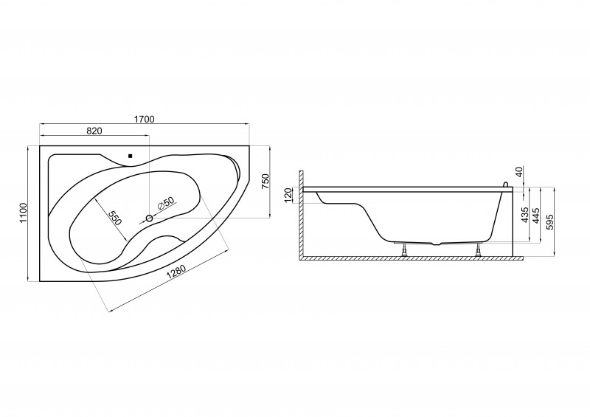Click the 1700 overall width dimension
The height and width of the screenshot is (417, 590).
click(x=145, y=119)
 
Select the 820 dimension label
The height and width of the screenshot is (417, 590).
click(x=94, y=131)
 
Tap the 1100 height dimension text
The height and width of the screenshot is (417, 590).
click(x=24, y=213)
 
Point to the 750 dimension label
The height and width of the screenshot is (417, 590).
click(x=265, y=182)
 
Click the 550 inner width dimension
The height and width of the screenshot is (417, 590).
click(x=115, y=218)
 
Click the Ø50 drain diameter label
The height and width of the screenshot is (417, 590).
click(x=165, y=204)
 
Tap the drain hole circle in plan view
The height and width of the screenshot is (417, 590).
click(x=150, y=218)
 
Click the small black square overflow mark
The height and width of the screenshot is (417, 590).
click(x=131, y=156)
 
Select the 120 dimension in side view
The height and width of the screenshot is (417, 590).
click(x=288, y=196)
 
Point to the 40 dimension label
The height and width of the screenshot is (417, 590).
click(x=519, y=173)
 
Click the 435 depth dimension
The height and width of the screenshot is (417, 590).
click(x=525, y=214)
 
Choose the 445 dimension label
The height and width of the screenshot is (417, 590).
click(x=536, y=215)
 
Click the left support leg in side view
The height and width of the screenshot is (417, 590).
click(x=403, y=249)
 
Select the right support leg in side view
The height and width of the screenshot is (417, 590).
click(x=478, y=249)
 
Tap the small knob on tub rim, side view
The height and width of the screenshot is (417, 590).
click(x=506, y=185)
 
